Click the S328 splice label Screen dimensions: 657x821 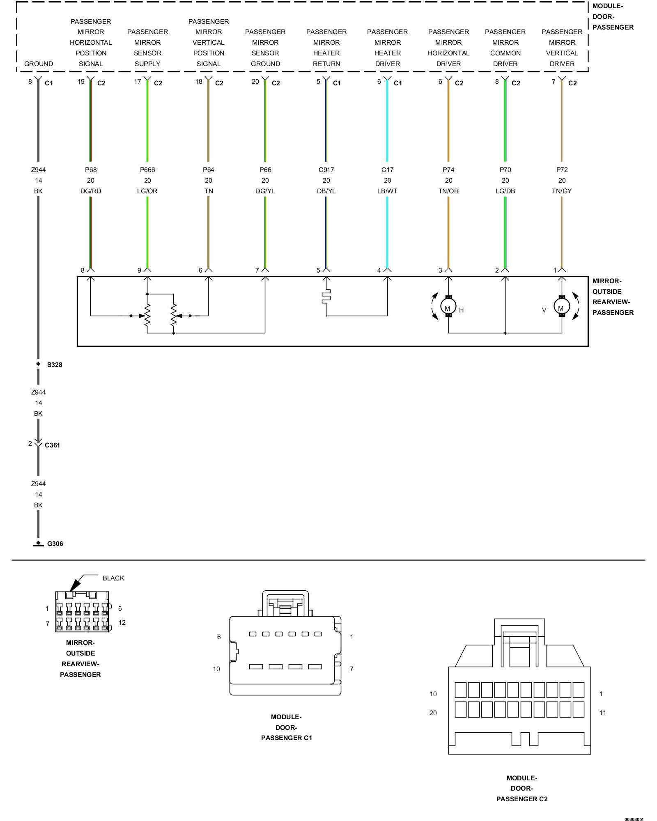click(x=55, y=365)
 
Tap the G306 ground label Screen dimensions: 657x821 click(x=55, y=544)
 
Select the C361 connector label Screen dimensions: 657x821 click(x=52, y=445)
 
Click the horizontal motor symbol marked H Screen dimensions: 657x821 click(x=448, y=307)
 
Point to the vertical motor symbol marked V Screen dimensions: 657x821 click(x=561, y=307)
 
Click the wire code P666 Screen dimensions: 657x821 click(x=147, y=170)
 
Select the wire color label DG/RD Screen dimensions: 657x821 click(x=91, y=191)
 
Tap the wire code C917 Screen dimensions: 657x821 click(x=326, y=170)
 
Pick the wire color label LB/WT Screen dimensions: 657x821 click(x=387, y=191)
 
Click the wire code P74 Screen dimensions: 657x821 click(x=448, y=170)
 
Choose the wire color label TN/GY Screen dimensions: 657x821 click(x=562, y=191)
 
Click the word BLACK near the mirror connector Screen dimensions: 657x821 click(x=113, y=578)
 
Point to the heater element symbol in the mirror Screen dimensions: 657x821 click(x=326, y=296)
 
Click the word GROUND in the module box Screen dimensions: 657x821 click(x=39, y=64)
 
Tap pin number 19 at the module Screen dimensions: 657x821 click(x=81, y=81)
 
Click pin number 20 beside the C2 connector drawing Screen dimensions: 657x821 click(x=433, y=713)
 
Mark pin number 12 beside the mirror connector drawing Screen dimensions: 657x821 click(x=122, y=622)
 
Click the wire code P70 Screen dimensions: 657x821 click(x=505, y=170)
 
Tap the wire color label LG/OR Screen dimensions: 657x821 click(x=147, y=191)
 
